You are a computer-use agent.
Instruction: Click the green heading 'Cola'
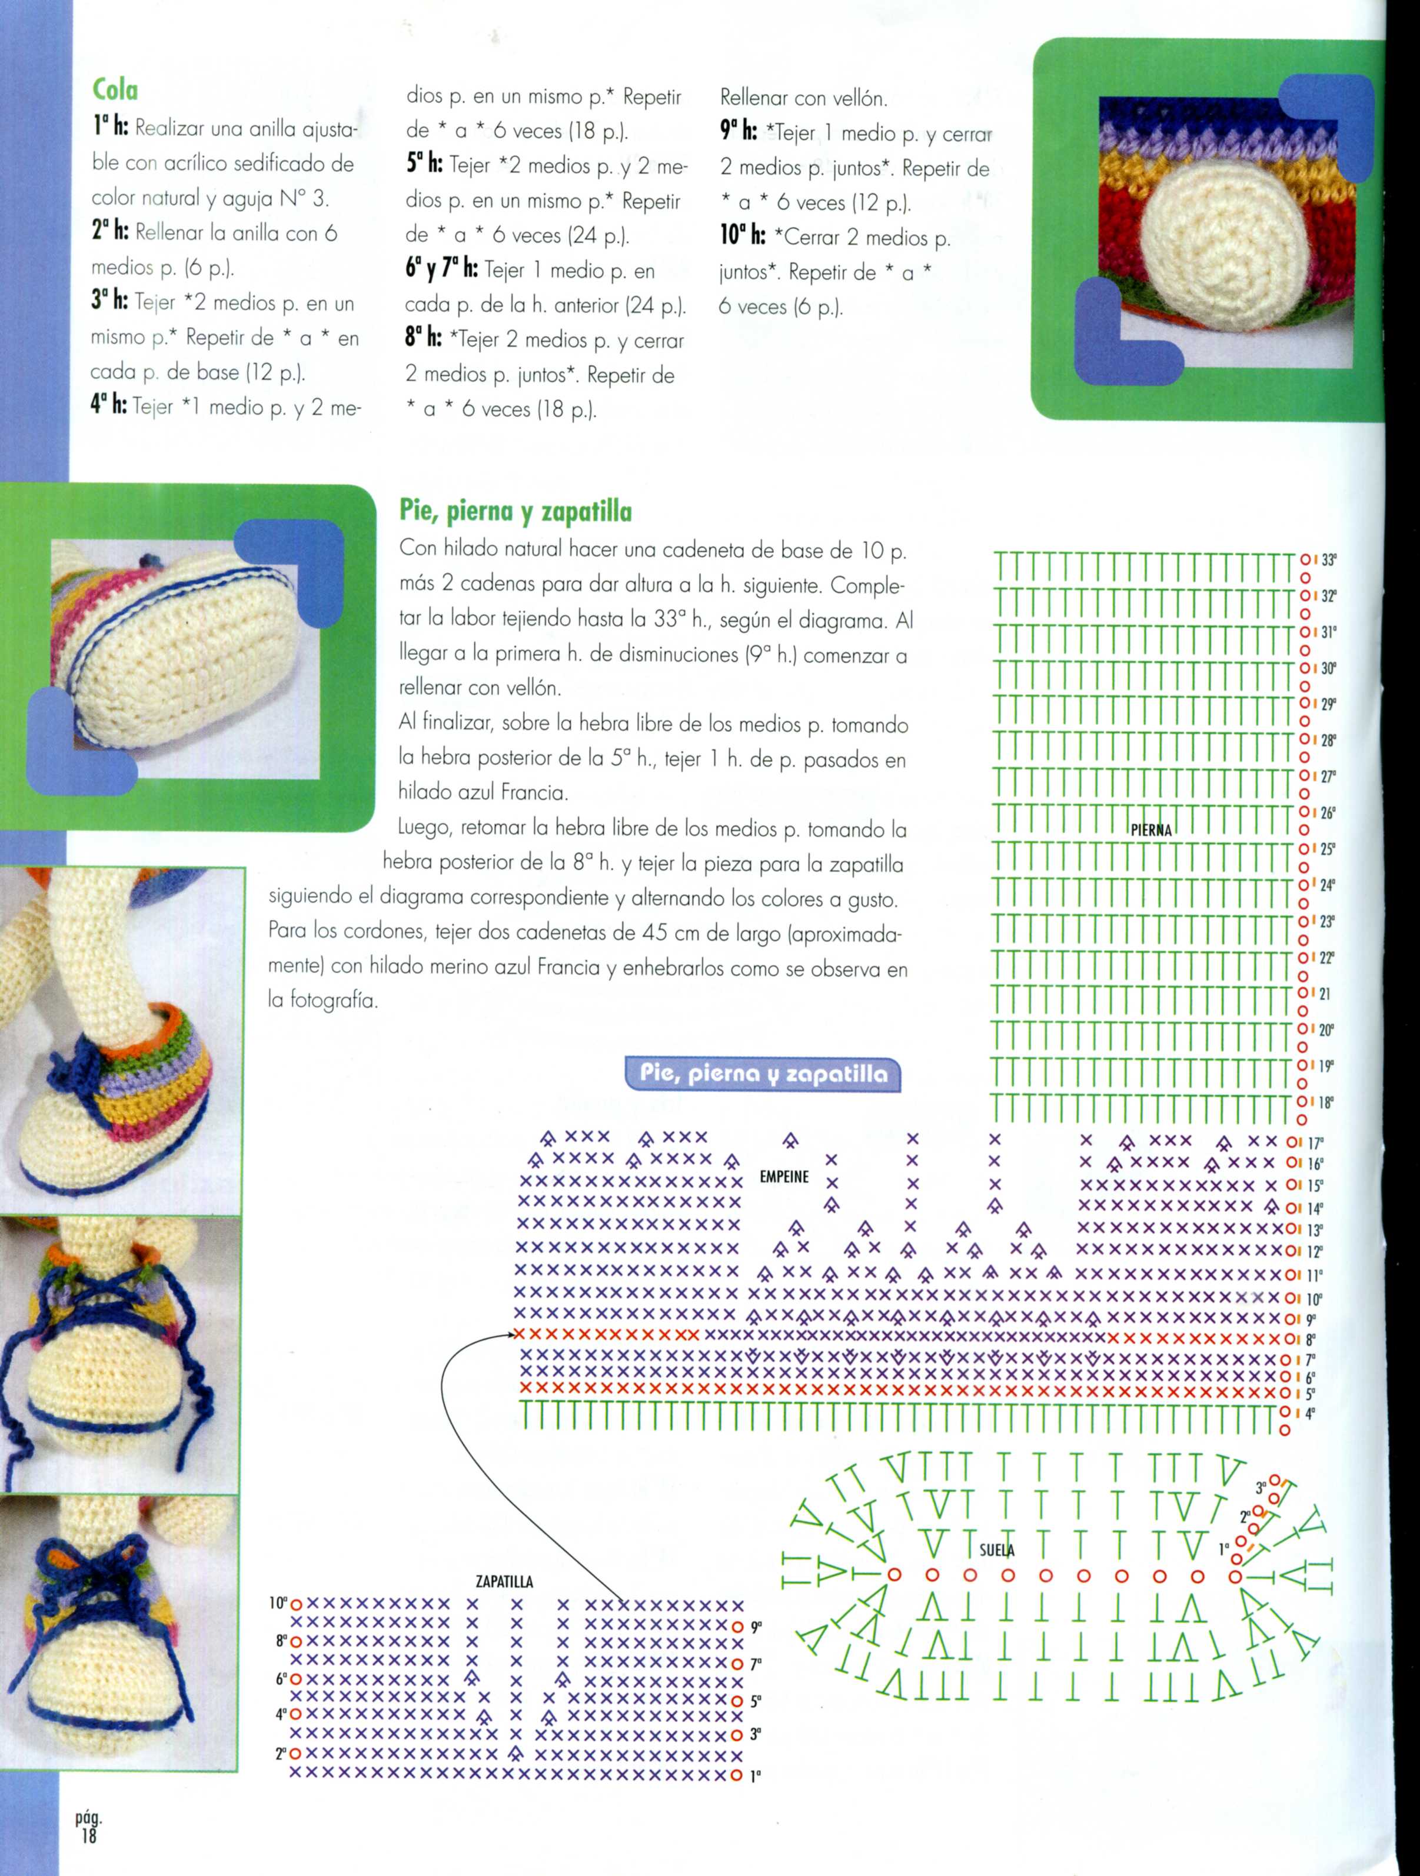coord(115,90)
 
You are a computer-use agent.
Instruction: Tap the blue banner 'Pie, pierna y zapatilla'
coord(763,1075)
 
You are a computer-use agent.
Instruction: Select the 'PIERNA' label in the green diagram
coord(1150,830)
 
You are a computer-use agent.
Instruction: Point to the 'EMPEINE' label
coord(784,1177)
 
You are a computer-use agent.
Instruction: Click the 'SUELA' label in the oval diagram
coord(997,1550)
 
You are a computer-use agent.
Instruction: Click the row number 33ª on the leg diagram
coord(1328,560)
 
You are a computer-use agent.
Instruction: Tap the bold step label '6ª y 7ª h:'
coord(441,271)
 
